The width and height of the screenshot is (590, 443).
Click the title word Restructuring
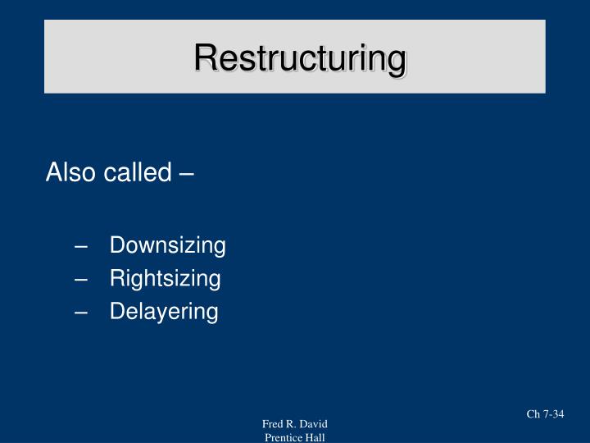tap(300, 58)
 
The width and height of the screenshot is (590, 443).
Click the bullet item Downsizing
tap(167, 245)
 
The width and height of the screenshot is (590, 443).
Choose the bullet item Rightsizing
tap(165, 279)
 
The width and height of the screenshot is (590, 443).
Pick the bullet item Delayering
tap(164, 312)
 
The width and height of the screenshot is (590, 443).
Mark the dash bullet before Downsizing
tap(80, 246)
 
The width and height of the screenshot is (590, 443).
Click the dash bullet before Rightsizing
tap(80, 280)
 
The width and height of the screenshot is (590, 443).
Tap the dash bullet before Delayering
tap(80, 313)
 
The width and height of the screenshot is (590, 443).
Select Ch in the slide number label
tap(533, 414)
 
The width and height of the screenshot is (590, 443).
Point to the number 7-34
tap(553, 414)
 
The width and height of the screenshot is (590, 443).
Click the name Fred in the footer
tap(273, 424)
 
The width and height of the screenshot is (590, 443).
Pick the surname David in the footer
tap(313, 424)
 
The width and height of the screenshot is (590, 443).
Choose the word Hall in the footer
tap(315, 437)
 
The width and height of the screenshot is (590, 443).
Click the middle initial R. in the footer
tap(292, 424)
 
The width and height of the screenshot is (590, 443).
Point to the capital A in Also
tap(54, 173)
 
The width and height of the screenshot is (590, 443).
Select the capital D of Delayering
tap(116, 312)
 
